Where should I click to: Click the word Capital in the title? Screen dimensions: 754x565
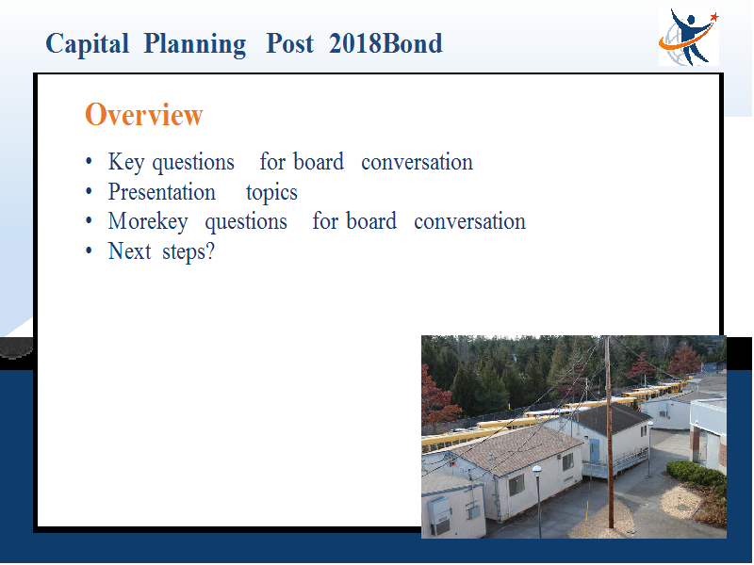(x=87, y=44)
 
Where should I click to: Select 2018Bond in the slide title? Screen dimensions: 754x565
(x=385, y=43)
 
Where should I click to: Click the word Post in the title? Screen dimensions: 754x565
(x=289, y=43)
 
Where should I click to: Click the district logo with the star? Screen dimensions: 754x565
(x=689, y=37)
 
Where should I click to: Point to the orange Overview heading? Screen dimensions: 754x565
(x=144, y=115)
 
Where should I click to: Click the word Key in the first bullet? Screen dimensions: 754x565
(x=126, y=162)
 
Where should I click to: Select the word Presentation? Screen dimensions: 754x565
(x=161, y=192)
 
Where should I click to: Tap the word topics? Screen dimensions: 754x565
(x=271, y=193)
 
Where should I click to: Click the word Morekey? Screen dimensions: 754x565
(x=148, y=222)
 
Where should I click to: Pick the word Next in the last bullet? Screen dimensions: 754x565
(x=129, y=251)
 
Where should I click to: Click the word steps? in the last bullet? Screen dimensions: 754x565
(x=188, y=252)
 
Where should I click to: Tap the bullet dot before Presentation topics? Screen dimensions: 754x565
(x=89, y=192)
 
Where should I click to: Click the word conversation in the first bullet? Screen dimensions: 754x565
(x=417, y=162)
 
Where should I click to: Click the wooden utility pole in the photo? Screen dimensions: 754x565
(x=609, y=432)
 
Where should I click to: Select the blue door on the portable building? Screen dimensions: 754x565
(x=595, y=451)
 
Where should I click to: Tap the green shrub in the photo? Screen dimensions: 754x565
(x=697, y=474)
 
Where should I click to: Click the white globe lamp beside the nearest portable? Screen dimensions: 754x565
(x=537, y=469)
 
